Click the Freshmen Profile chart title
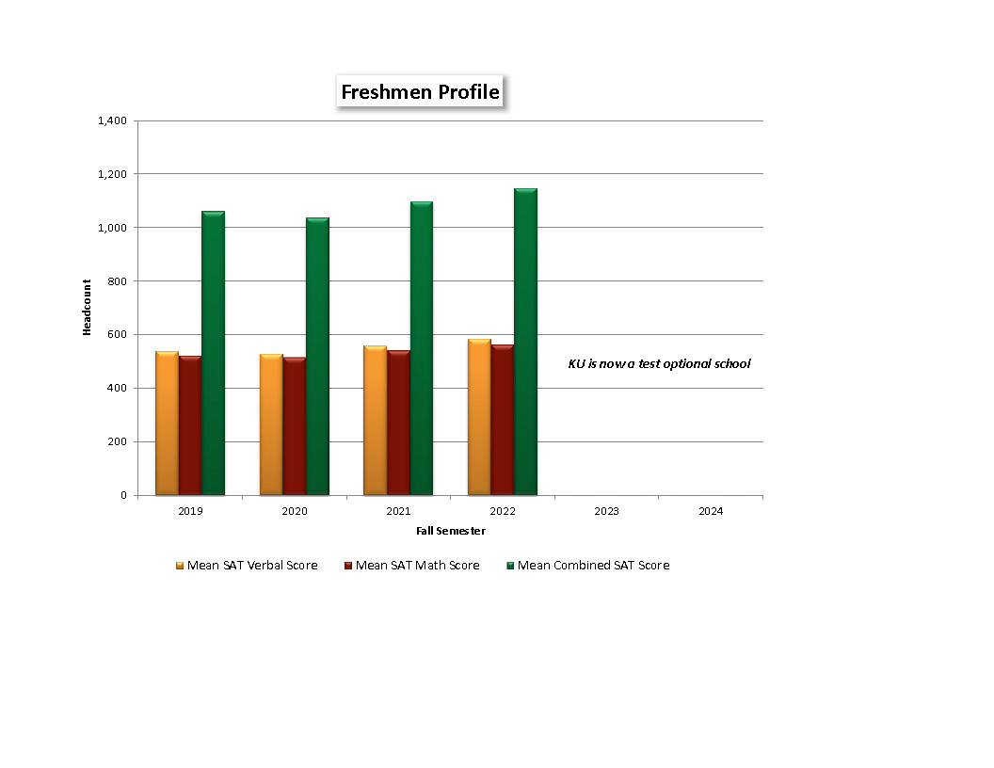click(420, 92)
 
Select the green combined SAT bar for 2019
click(214, 353)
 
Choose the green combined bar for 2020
click(317, 357)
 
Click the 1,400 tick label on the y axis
click(111, 120)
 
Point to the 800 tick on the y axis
click(117, 280)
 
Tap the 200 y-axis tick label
click(117, 441)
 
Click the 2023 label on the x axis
click(606, 511)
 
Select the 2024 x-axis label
click(711, 511)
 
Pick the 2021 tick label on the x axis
click(398, 511)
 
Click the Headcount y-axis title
click(87, 308)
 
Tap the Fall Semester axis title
click(451, 531)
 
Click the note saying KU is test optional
click(659, 363)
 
